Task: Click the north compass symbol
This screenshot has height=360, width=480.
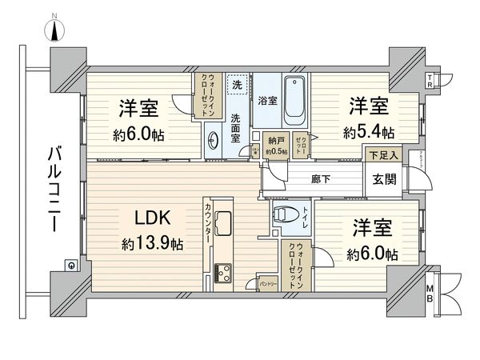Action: point(55,30)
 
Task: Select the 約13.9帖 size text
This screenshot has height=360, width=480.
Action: point(152,242)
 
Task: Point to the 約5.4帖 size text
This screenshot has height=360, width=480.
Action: point(369,130)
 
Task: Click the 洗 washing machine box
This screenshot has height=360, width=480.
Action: point(237,84)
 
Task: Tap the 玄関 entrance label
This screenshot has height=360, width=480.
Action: point(381,180)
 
